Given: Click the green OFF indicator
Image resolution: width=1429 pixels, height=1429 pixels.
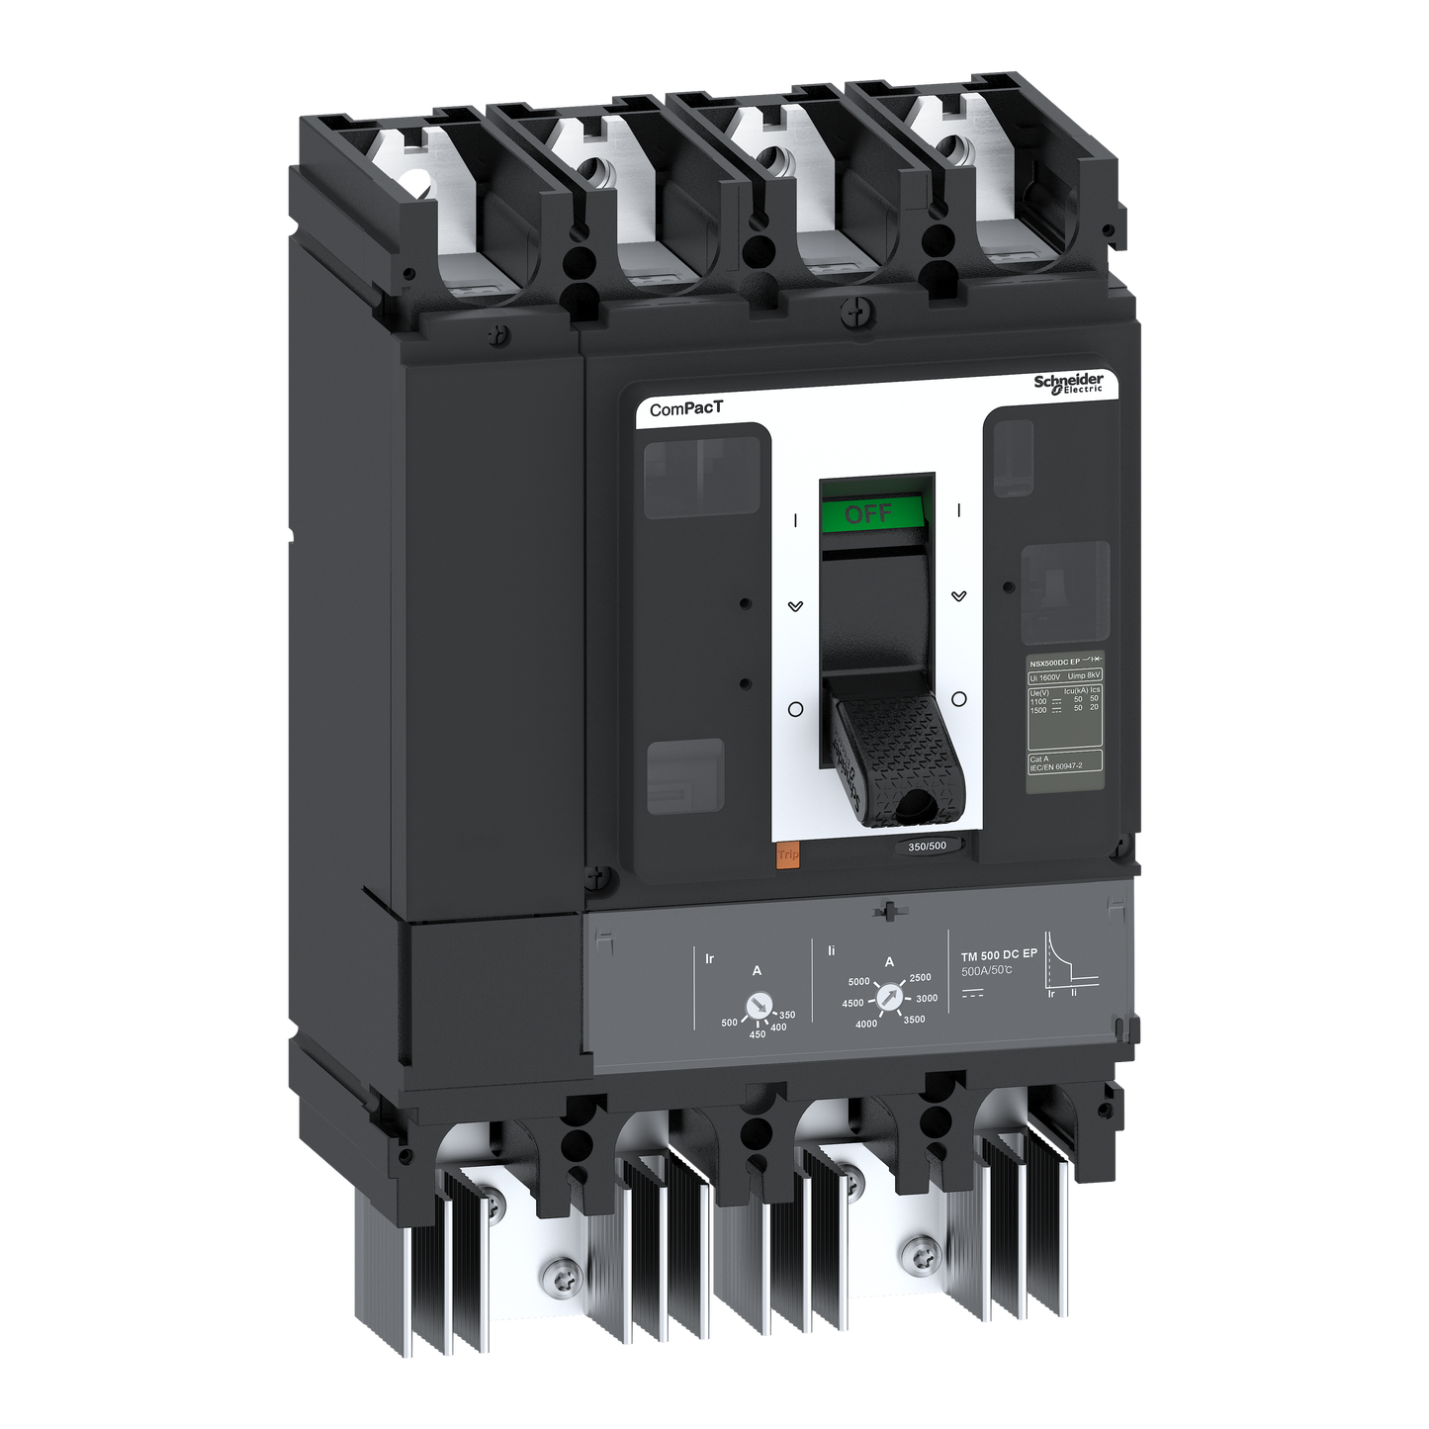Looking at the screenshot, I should [x=870, y=514].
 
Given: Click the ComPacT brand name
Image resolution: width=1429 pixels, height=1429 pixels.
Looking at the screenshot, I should [x=686, y=408].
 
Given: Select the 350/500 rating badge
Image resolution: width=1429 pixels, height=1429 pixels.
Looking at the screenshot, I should [x=927, y=846].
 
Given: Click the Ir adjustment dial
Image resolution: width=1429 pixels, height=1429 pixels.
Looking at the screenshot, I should [x=758, y=1006].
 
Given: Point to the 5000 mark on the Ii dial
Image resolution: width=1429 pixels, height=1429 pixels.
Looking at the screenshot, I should [x=858, y=982].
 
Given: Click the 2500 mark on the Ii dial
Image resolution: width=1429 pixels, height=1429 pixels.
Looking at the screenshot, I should [x=920, y=977].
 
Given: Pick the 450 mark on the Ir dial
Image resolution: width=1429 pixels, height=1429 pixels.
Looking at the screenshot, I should [x=757, y=1034].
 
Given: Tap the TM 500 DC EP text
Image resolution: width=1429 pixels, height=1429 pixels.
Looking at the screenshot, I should [x=999, y=955].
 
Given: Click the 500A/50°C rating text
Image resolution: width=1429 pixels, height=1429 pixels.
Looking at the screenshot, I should [x=986, y=971].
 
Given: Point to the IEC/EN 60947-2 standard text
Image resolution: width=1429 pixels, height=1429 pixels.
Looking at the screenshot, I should [x=1056, y=766].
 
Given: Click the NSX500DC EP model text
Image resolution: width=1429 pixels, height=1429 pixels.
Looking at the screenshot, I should [x=1054, y=662].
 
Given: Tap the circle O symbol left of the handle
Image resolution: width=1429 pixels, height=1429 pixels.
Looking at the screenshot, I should [x=795, y=709].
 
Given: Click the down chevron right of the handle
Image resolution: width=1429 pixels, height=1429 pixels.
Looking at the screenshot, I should [x=958, y=596].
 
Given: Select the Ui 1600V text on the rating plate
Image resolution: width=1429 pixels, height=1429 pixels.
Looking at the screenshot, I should [x=1045, y=676].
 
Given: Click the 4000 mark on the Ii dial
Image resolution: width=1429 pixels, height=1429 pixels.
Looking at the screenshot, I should [x=866, y=1024].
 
